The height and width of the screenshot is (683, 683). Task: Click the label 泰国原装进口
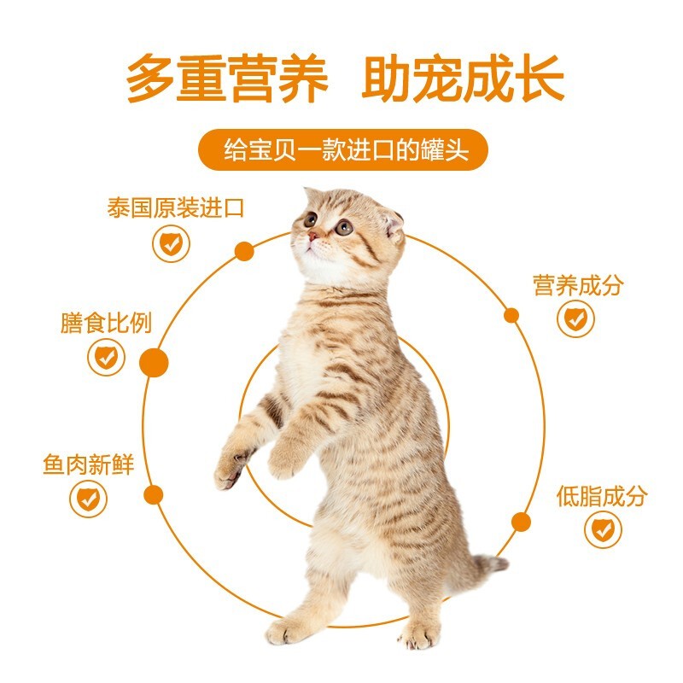pyautogui.click(x=175, y=207)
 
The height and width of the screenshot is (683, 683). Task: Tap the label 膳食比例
pyautogui.click(x=106, y=323)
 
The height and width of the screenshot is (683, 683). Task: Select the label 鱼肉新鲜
pyautogui.click(x=89, y=464)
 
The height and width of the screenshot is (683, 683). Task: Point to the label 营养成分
pyautogui.click(x=578, y=285)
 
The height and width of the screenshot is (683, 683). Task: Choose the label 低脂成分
pyautogui.click(x=602, y=496)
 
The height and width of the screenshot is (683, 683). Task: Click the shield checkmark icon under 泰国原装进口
pyautogui.click(x=172, y=243)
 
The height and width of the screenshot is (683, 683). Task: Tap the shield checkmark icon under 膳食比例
pyautogui.click(x=106, y=357)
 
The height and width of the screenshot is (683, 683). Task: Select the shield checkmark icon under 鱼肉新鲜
pyautogui.click(x=89, y=499)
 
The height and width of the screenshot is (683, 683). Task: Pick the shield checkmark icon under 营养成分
pyautogui.click(x=575, y=318)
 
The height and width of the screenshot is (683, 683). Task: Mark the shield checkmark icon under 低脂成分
pyautogui.click(x=604, y=529)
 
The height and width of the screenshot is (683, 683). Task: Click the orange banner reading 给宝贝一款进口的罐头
pyautogui.click(x=343, y=149)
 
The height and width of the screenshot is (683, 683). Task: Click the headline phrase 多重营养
pyautogui.click(x=227, y=79)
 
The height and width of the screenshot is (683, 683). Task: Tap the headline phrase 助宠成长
pyautogui.click(x=463, y=79)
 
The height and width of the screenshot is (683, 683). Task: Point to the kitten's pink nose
pyautogui.click(x=312, y=236)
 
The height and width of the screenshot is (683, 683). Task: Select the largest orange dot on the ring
pyautogui.click(x=154, y=362)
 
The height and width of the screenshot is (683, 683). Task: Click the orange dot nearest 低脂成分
pyautogui.click(x=521, y=522)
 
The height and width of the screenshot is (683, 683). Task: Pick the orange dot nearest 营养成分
pyautogui.click(x=511, y=315)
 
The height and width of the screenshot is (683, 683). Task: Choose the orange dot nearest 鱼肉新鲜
pyautogui.click(x=154, y=495)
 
